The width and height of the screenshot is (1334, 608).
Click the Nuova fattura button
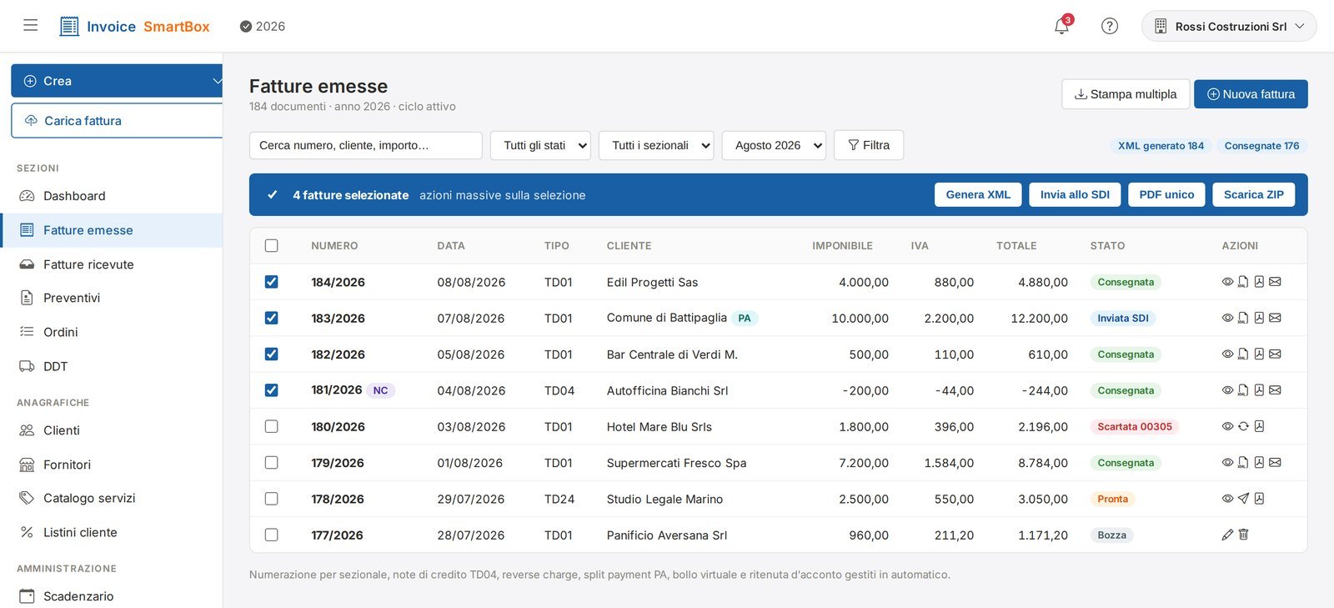click(x=1251, y=94)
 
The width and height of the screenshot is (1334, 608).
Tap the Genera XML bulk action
click(x=978, y=194)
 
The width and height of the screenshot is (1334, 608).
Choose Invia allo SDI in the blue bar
click(x=1075, y=194)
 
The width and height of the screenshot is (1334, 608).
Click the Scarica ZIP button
click(x=1254, y=194)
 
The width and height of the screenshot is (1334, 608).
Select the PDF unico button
click(x=1166, y=194)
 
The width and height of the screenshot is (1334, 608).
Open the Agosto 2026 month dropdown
click(x=774, y=145)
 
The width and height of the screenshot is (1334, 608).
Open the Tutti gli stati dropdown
click(x=540, y=145)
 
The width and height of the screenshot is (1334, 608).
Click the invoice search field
click(x=366, y=145)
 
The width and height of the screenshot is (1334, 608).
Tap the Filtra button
click(x=868, y=145)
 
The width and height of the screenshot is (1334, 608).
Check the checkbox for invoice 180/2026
click(x=271, y=426)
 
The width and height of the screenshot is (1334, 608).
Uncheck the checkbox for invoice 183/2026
click(x=271, y=318)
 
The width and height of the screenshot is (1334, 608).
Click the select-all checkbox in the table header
click(x=271, y=245)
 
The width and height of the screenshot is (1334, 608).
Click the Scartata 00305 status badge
click(x=1135, y=426)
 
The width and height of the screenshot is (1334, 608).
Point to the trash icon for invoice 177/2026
click(x=1243, y=535)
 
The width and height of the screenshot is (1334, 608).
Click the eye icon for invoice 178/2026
click(x=1227, y=499)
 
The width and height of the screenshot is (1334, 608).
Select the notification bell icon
click(x=1061, y=26)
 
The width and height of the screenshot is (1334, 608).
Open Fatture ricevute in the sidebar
click(x=88, y=264)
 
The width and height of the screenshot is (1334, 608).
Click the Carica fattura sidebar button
click(x=117, y=121)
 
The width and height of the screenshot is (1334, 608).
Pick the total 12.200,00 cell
click(x=1039, y=319)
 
